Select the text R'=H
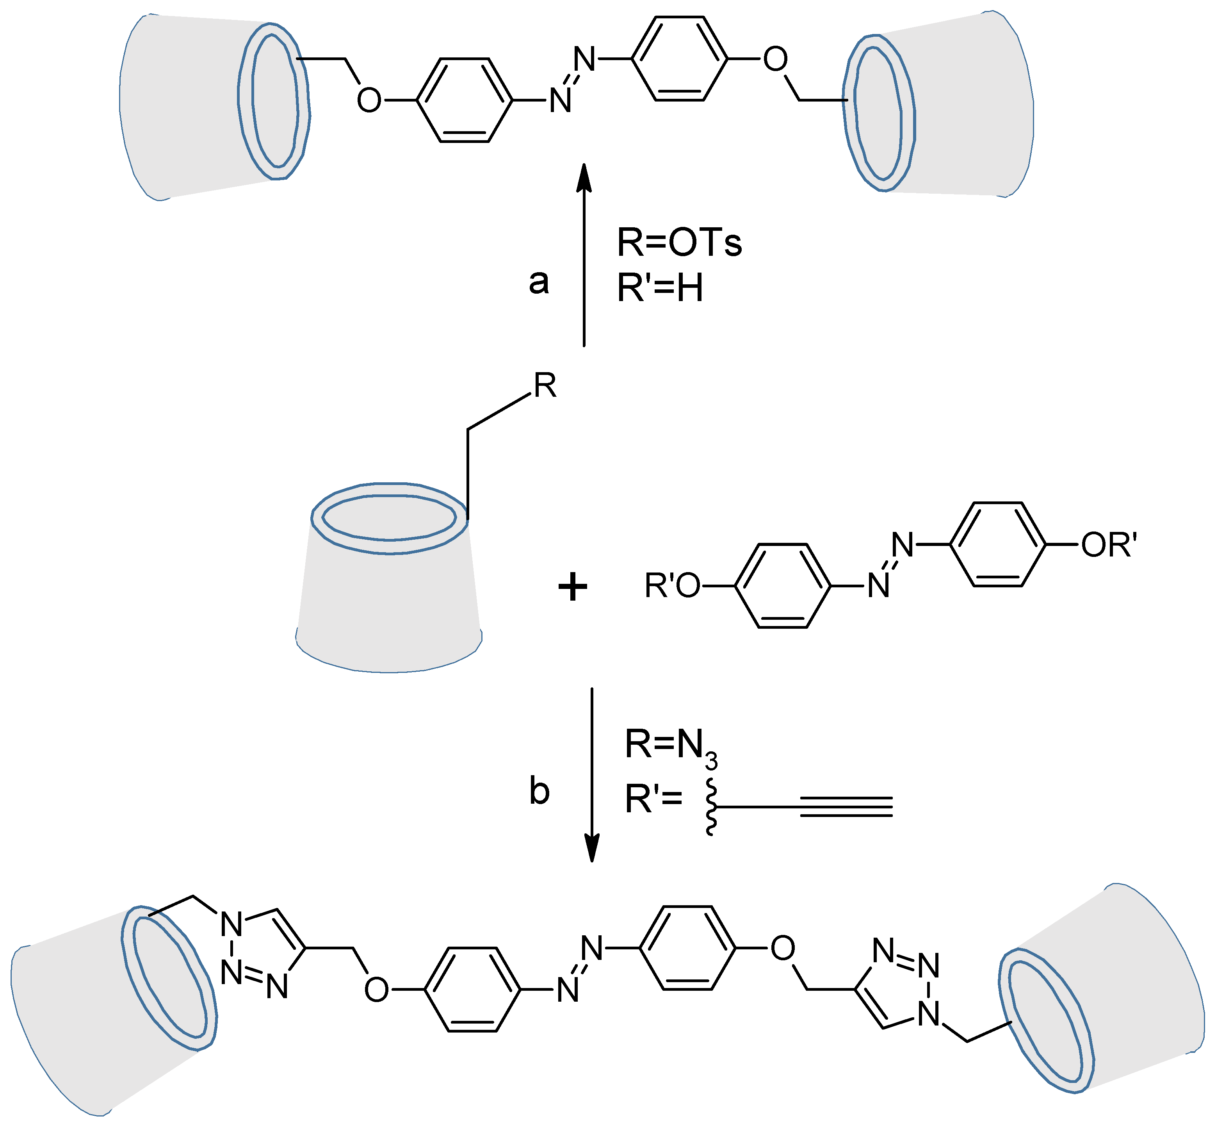[x=660, y=288]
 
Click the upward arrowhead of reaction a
[x=584, y=177]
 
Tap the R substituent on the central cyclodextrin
[x=545, y=386]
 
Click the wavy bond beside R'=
[x=711, y=806]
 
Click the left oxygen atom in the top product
[x=369, y=101]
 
